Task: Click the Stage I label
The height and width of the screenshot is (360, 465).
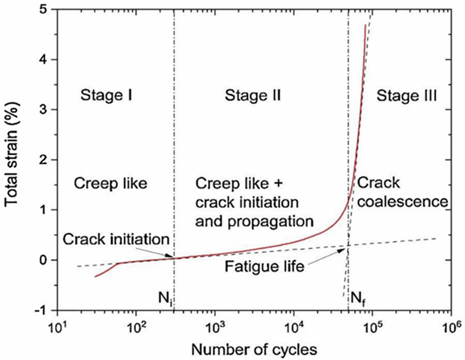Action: click(107, 96)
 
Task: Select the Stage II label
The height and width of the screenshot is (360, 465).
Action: click(253, 96)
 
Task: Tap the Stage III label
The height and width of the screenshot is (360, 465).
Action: click(406, 96)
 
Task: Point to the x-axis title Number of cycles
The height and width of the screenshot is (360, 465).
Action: click(253, 347)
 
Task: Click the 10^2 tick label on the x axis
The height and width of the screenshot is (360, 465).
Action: click(136, 325)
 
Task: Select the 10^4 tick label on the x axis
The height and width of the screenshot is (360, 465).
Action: click(293, 325)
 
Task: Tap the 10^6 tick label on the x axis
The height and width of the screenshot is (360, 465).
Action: click(451, 325)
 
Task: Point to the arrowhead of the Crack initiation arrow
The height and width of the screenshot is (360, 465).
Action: click(173, 256)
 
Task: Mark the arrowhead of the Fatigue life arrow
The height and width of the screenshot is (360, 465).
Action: click(347, 248)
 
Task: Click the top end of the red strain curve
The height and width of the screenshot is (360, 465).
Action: click(365, 26)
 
